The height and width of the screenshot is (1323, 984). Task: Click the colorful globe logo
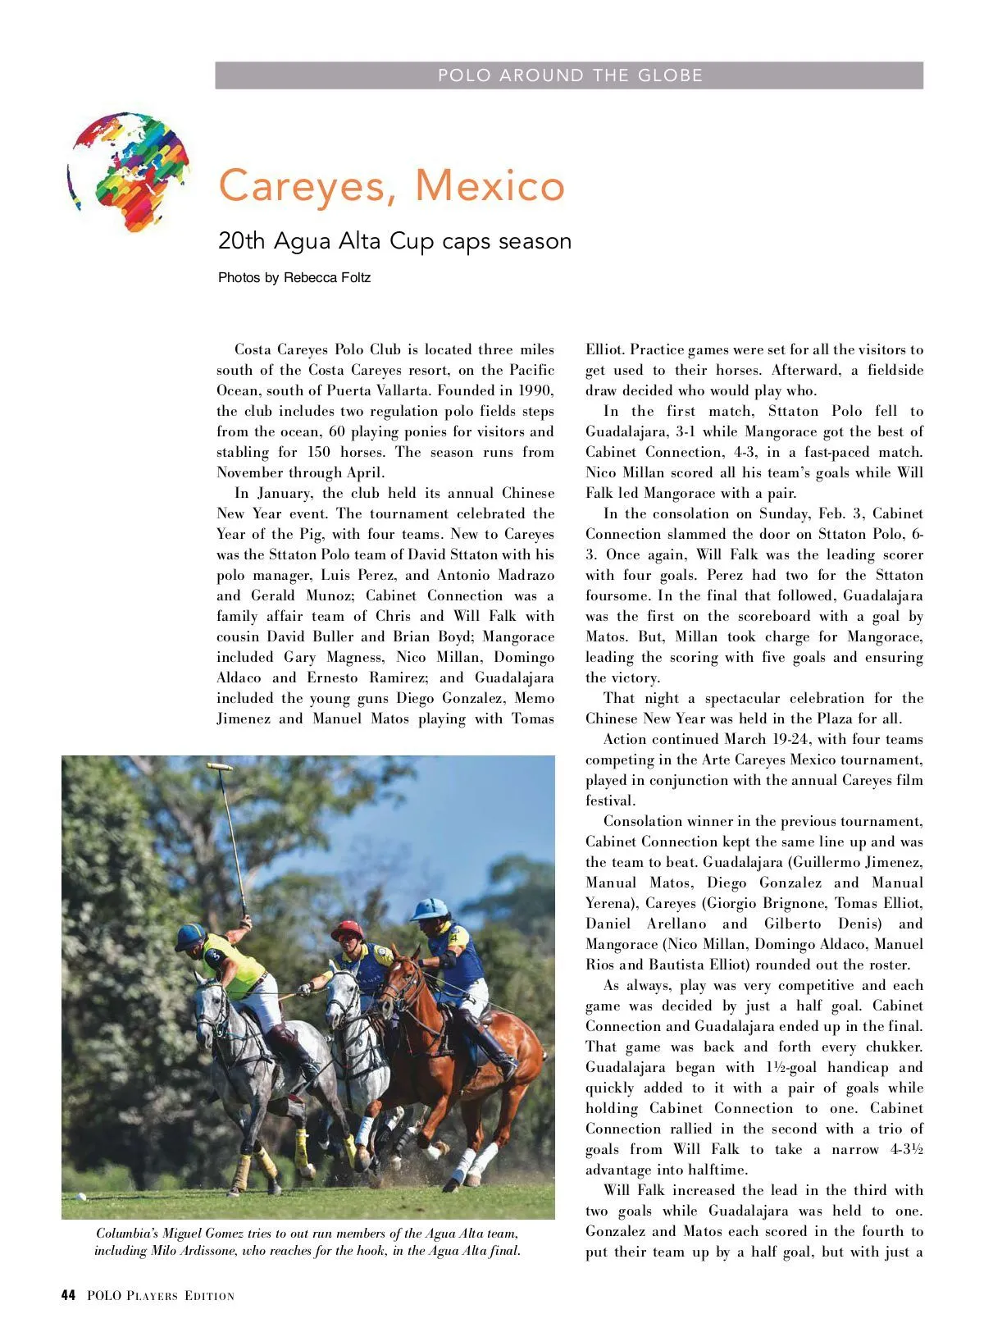(x=130, y=172)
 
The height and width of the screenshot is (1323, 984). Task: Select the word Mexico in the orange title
(x=490, y=185)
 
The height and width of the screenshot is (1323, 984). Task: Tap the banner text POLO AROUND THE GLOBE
(x=570, y=75)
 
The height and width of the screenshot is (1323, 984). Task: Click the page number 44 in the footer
(x=68, y=1296)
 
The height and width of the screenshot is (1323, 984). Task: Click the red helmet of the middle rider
(x=347, y=930)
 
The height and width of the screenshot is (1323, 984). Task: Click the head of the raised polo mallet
(x=218, y=767)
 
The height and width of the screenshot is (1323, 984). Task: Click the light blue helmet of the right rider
(x=430, y=909)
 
